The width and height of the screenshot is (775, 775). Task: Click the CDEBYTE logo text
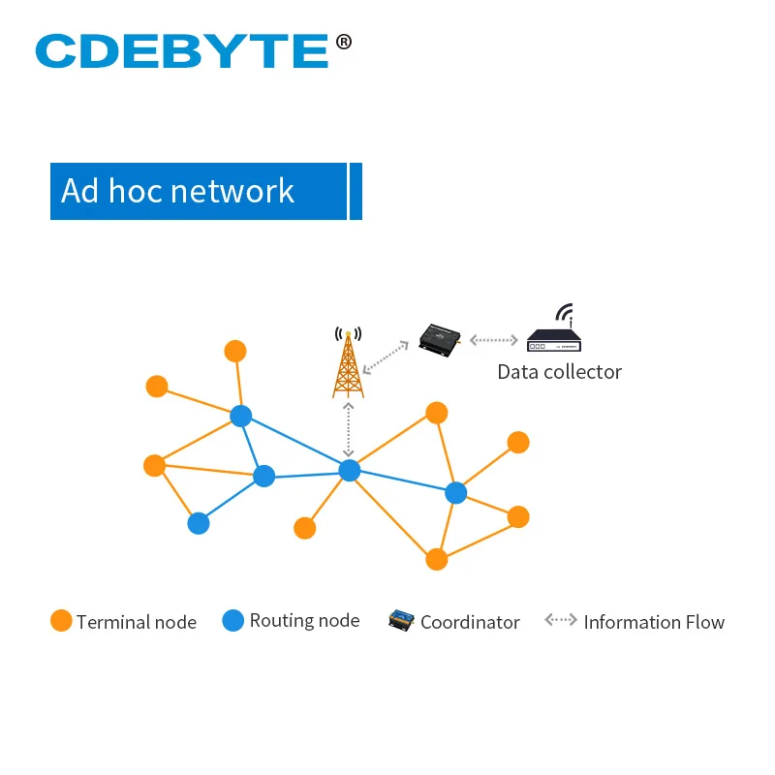(x=182, y=50)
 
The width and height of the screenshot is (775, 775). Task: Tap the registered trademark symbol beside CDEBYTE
(x=344, y=42)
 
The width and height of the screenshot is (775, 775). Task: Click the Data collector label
(x=559, y=372)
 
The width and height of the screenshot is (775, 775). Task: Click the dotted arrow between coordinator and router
(x=493, y=340)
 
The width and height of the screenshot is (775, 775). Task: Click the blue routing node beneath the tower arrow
(x=350, y=470)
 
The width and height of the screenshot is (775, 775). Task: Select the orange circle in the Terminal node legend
(x=62, y=621)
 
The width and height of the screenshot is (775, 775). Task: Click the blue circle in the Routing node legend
(x=233, y=621)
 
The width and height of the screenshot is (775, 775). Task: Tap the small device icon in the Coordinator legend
(x=401, y=620)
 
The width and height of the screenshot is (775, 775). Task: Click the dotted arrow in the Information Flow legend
(x=560, y=620)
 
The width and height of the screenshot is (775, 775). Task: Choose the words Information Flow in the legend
(x=654, y=622)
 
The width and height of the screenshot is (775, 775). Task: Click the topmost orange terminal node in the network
(x=235, y=351)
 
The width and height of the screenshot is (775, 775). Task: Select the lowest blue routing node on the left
(x=199, y=523)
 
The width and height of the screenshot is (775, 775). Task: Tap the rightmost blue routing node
(x=456, y=493)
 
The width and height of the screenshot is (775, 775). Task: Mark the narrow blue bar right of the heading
(x=356, y=191)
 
